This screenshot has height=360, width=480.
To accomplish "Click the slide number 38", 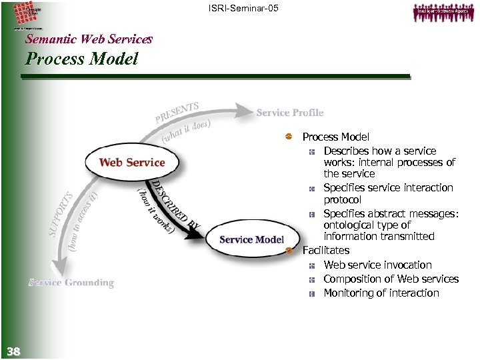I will tap(13, 351).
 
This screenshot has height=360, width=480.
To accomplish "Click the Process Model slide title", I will tap(81, 59).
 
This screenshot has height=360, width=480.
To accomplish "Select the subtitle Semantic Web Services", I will tap(89, 39).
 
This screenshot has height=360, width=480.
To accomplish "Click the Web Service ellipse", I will tap(131, 162).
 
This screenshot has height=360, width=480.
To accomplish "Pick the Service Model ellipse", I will tap(251, 239).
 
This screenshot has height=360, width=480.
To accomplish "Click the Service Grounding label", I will tap(71, 283).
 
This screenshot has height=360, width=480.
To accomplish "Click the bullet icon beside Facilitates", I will tap(289, 251).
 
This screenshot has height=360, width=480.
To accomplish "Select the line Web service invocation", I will tap(377, 265).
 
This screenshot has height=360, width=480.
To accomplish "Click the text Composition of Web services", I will tap(391, 279).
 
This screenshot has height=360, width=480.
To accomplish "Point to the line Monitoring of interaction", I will tap(381, 293).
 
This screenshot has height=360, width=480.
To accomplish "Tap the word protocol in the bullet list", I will tap(342, 199).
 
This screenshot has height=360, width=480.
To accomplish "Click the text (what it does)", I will tap(187, 130).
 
